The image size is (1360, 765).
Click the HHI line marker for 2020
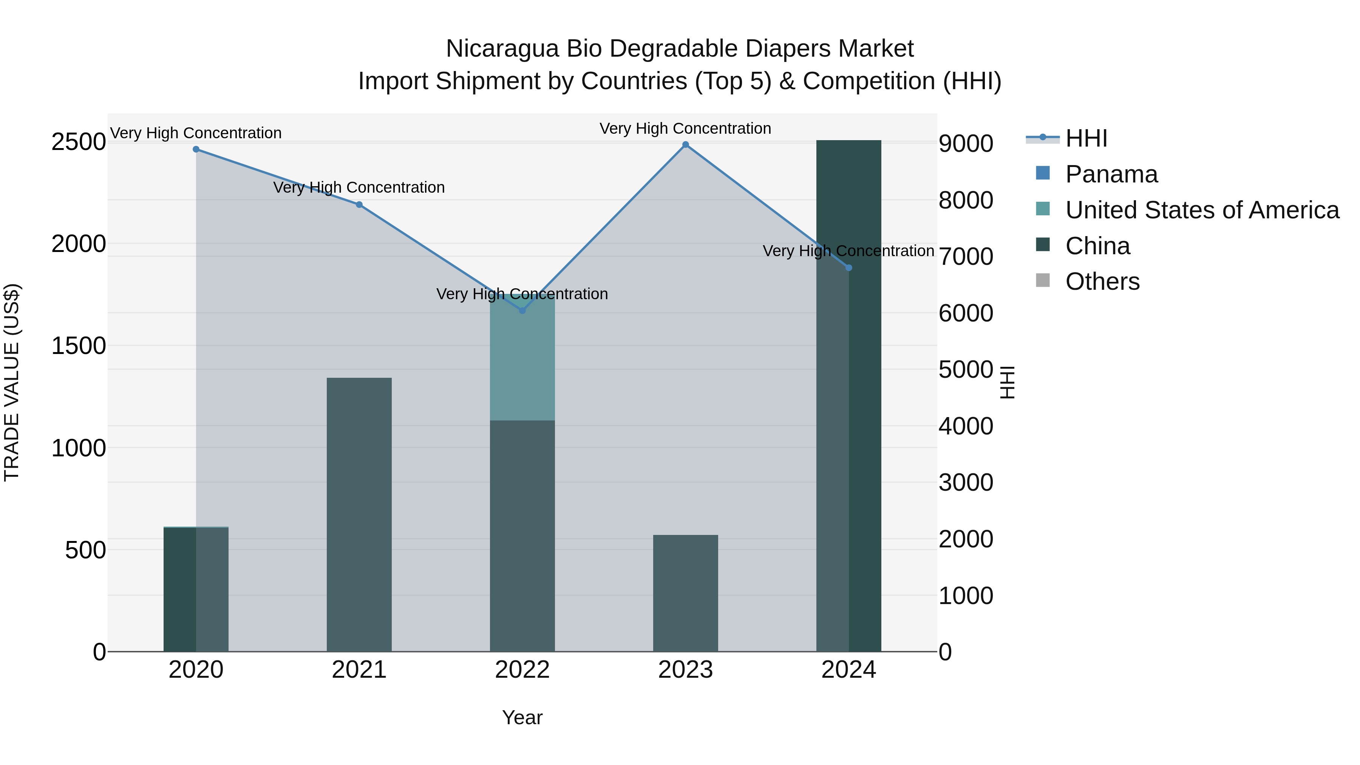tap(196, 149)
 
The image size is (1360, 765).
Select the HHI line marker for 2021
tap(359, 204)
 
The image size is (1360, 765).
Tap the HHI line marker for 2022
tap(522, 311)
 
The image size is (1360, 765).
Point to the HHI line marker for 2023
tap(685, 145)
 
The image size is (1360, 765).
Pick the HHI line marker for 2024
tap(848, 268)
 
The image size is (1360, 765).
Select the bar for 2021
tap(359, 515)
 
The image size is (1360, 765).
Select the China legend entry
tap(1097, 246)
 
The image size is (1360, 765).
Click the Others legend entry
tap(1102, 281)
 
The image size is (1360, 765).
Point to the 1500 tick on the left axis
tap(79, 346)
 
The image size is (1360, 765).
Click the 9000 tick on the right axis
tap(966, 144)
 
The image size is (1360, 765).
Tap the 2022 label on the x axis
tap(522, 670)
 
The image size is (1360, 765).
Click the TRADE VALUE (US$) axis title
tap(12, 382)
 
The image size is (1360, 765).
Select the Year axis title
tap(522, 717)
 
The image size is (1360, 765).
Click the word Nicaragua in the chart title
tap(502, 49)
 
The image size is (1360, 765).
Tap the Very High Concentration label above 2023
tap(685, 128)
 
